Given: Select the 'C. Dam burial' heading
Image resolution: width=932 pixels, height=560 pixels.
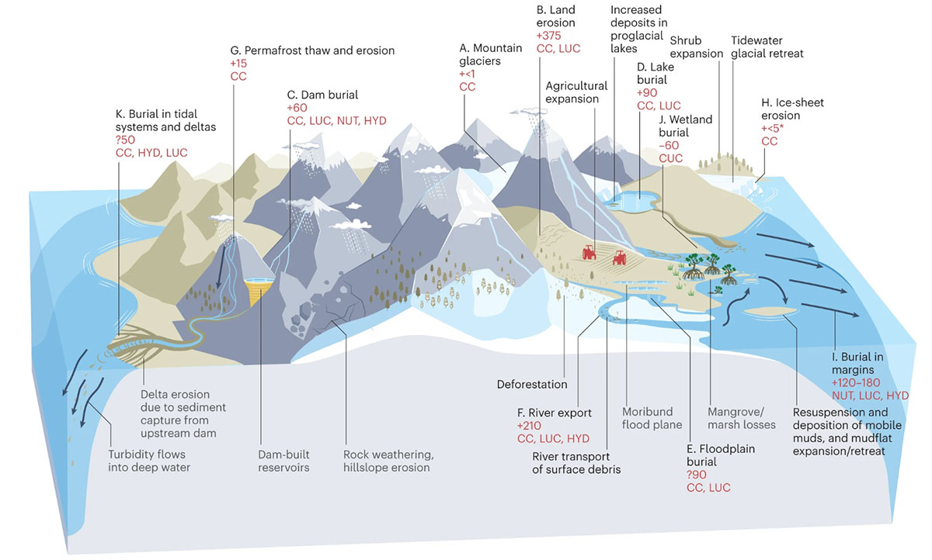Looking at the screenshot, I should pos(322,95).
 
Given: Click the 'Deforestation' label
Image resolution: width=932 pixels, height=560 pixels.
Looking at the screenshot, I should pos(532,384).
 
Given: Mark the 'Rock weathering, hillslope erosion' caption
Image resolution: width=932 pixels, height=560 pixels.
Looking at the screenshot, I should pos(386,460).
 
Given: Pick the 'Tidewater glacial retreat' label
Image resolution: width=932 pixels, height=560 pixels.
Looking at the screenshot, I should pos(767,47).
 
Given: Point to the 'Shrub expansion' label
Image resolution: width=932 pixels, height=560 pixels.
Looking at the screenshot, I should pos(697,47).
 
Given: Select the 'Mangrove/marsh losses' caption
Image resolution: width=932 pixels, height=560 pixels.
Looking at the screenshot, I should pos(742,417).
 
